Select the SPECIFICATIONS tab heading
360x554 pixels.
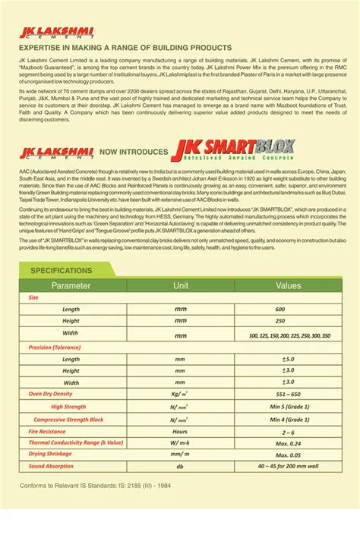61,270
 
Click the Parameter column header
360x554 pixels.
71,285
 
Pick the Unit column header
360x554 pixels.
181,285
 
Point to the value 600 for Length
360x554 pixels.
280,310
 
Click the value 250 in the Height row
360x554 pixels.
280,321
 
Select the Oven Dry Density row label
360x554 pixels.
50,394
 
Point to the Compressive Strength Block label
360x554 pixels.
69,419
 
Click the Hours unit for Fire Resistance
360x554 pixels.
180,431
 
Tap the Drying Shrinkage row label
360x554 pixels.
50,454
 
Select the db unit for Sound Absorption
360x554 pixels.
180,466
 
